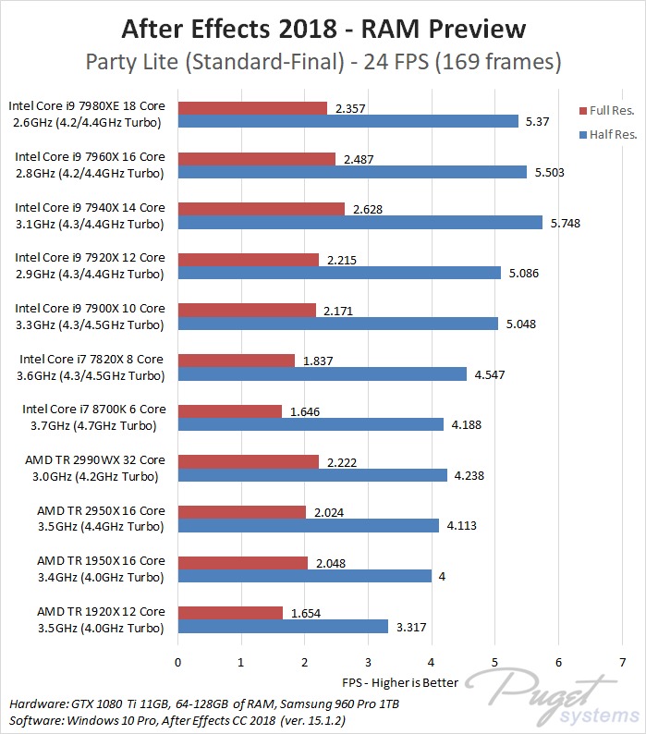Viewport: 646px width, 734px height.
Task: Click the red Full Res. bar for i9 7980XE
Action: pos(252,108)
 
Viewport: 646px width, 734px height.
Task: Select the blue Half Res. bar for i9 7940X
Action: pos(360,222)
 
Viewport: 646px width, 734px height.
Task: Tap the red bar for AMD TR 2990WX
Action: pos(248,461)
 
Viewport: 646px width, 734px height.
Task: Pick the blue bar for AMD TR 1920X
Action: pos(283,626)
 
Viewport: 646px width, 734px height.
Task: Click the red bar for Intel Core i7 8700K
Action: pos(229,410)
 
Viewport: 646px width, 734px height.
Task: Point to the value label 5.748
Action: pos(564,223)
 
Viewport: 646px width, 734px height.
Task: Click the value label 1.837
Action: pos(317,361)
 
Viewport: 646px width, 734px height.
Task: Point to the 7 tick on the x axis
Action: pos(622,662)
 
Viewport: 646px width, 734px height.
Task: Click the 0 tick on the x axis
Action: pos(177,662)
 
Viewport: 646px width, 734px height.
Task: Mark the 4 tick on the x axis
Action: pos(432,662)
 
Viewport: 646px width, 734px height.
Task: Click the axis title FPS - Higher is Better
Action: pos(400,682)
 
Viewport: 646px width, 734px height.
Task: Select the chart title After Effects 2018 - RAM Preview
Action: pos(323,29)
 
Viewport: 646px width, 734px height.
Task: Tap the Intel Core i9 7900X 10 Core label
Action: pos(90,308)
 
